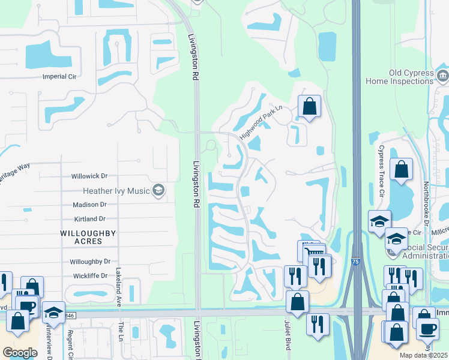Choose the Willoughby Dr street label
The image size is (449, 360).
[90, 262]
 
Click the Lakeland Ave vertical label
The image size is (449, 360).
[118, 287]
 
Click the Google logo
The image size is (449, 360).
[19, 352]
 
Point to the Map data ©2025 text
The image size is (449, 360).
[424, 355]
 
